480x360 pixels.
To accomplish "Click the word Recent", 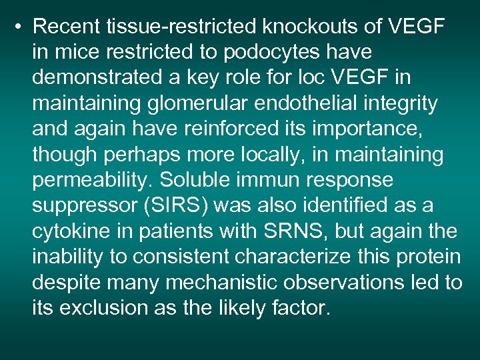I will point(67,27).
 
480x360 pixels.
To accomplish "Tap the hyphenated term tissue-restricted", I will point(183,27).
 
